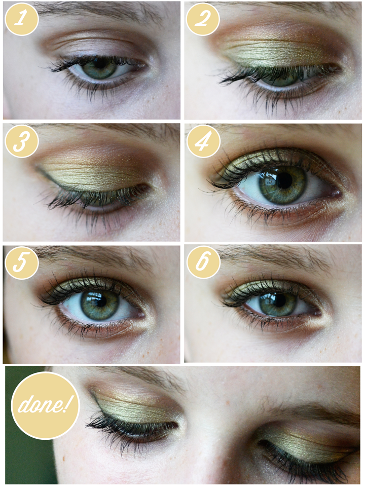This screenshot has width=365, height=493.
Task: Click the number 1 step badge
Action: click(22, 19)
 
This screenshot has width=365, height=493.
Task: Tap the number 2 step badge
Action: click(203, 19)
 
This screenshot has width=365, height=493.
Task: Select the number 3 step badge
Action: click(22, 141)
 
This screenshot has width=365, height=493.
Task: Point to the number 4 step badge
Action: click(203, 141)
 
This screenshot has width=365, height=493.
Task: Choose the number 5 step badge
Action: click(22, 263)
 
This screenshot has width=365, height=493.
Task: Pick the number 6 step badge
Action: click(203, 263)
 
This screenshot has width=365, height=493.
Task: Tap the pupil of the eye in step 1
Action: click(100, 64)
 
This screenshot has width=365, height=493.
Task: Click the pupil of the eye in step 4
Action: click(285, 181)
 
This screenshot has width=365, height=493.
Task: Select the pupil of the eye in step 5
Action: click(100, 302)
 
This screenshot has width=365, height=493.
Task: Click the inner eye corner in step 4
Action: click(338, 192)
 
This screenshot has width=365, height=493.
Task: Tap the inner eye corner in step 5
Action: click(141, 315)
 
